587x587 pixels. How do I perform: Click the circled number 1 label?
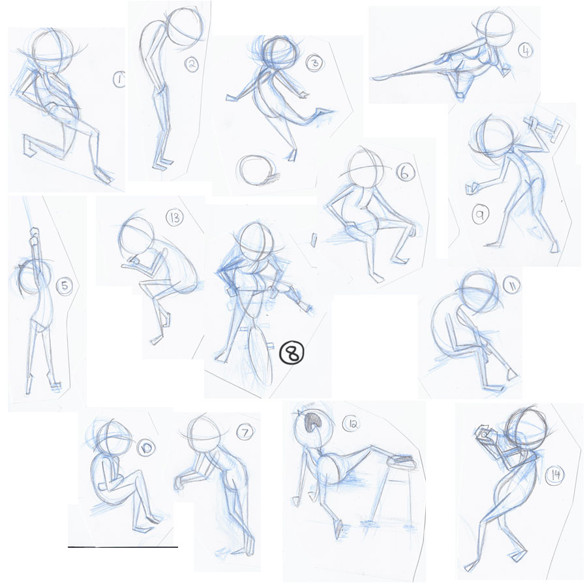tap(119, 80)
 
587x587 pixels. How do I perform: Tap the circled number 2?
tap(191, 65)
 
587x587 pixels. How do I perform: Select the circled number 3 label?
tap(315, 63)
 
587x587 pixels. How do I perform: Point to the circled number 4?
tap(525, 50)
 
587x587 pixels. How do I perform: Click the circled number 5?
tap(64, 286)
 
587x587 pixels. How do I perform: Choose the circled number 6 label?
tap(405, 173)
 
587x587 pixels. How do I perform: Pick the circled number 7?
tap(245, 433)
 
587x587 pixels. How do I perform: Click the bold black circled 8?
tap(292, 352)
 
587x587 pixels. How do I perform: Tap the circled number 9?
tap(480, 215)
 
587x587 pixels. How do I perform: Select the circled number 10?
tap(146, 448)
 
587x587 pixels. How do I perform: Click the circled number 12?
tap(351, 423)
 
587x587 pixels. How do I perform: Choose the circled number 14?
tap(555, 475)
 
